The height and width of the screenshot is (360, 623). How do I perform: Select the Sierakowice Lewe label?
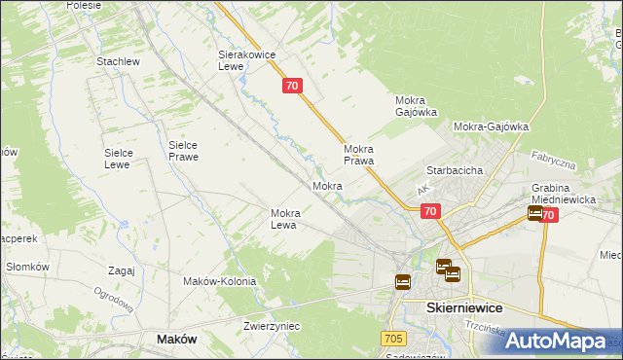pos(243,62)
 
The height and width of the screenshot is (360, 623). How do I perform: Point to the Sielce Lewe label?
pos(125,159)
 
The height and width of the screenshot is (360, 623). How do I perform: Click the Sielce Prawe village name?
pos(183,150)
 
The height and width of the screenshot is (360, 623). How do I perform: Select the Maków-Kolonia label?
pos(219,281)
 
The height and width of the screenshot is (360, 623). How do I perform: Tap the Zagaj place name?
pos(122,270)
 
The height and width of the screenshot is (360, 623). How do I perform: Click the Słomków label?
pos(27,267)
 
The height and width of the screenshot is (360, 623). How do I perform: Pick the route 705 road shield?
pos(393,338)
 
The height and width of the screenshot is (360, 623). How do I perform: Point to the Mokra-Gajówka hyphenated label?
pos(491,126)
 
